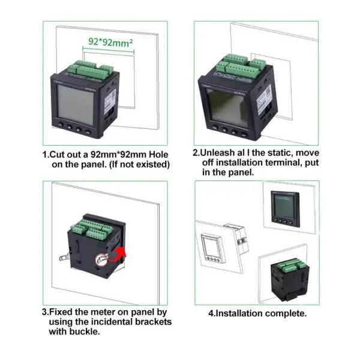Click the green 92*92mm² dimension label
click(110, 42)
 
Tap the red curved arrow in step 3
click(118, 254)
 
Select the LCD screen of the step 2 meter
click(227, 107)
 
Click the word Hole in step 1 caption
click(158, 154)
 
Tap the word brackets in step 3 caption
click(153, 322)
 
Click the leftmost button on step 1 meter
click(61, 124)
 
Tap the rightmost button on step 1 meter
click(88, 132)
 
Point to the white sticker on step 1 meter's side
click(110, 100)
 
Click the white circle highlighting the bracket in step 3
click(101, 260)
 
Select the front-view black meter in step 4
click(285, 209)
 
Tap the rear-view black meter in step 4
click(290, 280)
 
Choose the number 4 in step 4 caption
click(211, 313)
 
